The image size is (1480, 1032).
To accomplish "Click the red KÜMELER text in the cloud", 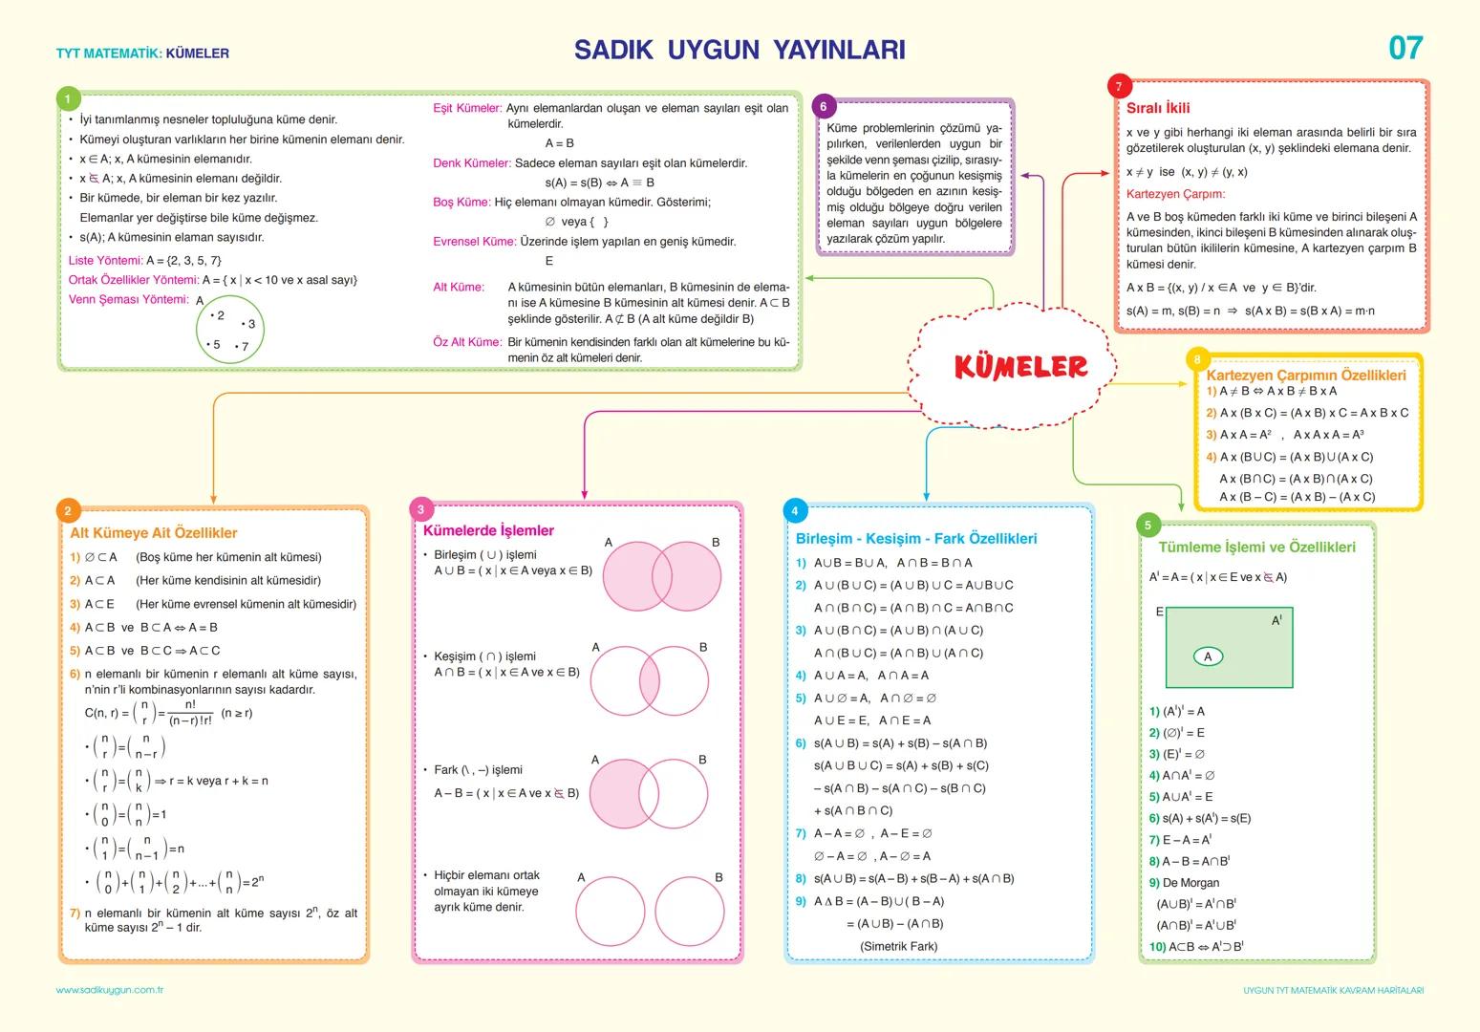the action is (x=1020, y=366).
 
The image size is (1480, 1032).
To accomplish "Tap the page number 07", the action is (x=1405, y=48).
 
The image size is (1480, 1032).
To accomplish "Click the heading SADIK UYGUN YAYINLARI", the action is (x=740, y=51).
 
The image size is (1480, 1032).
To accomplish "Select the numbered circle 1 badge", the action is (x=68, y=99).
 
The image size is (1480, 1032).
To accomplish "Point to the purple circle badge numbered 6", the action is (x=824, y=106).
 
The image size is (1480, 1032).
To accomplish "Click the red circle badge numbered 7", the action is (x=1119, y=87).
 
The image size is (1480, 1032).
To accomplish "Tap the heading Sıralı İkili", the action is (x=1158, y=108).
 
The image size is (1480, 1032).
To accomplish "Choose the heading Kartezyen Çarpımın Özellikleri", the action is (x=1305, y=376).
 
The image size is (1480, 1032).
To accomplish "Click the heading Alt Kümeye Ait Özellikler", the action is (x=153, y=533).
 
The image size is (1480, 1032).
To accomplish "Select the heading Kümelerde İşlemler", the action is (x=488, y=530).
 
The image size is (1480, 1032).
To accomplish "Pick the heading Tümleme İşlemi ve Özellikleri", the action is (x=1256, y=547).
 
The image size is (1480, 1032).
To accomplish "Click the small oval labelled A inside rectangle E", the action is (x=1208, y=656).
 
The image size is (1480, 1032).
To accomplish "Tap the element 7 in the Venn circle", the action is (x=243, y=346).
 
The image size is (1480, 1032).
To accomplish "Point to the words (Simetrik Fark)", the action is (x=898, y=946).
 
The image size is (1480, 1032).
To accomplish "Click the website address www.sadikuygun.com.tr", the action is (x=110, y=990).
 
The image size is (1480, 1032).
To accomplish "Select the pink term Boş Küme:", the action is (x=461, y=203).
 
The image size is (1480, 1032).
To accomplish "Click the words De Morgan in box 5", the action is (x=1190, y=883).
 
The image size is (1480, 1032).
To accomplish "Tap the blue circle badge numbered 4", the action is (x=795, y=510).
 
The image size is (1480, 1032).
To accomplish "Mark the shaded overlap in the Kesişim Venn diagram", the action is (x=650, y=681).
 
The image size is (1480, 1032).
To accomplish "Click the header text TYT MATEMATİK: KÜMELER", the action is (x=142, y=54).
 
